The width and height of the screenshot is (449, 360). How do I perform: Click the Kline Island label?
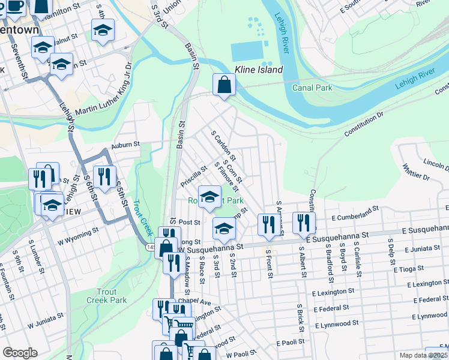259,70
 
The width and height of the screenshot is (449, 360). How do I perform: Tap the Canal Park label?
312,88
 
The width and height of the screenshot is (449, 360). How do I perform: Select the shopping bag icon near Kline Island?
224,85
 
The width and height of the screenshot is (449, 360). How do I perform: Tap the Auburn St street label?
125,145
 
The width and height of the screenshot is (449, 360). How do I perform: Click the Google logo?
20,353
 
